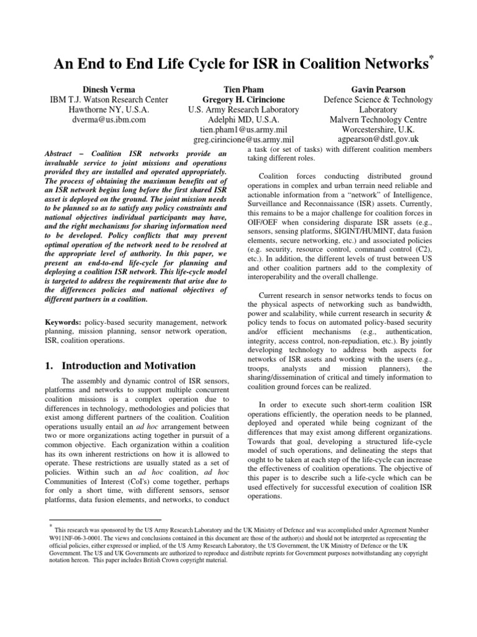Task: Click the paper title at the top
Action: click(235, 63)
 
